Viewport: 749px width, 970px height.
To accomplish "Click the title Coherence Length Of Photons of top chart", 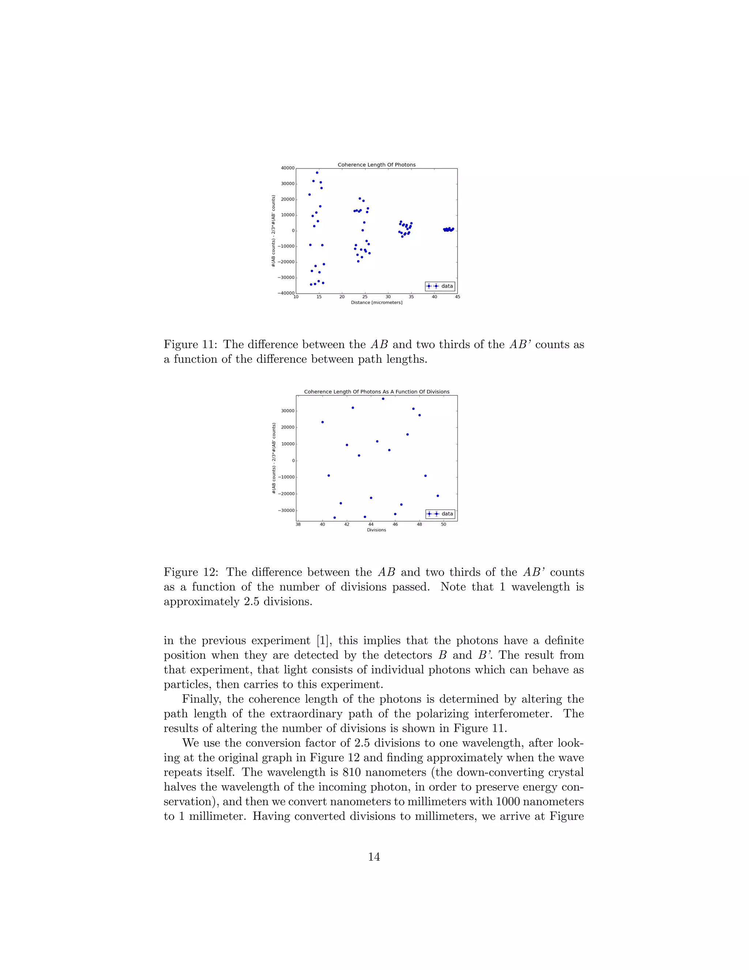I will (376, 165).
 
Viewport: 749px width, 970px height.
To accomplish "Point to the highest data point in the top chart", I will (317, 173).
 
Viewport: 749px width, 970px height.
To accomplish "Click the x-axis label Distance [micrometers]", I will (376, 302).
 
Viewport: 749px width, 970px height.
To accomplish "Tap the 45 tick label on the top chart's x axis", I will (458, 297).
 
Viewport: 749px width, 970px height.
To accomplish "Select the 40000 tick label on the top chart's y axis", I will (287, 168).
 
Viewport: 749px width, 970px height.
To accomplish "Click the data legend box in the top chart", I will (440, 286).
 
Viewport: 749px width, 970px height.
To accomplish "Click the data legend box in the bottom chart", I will (440, 514).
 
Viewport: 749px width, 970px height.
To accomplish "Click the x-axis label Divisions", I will (376, 530).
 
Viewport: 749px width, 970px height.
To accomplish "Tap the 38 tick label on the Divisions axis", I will (298, 524).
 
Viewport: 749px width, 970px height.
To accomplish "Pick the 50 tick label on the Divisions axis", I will (443, 524).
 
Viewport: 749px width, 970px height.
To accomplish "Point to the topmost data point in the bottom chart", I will (383, 399).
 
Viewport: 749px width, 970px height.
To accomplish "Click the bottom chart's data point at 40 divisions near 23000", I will (322, 422).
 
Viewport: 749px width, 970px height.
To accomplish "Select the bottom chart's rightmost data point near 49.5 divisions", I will (437, 496).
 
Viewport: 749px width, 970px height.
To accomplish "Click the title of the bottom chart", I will (376, 392).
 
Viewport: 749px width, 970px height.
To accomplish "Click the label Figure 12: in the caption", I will (192, 572).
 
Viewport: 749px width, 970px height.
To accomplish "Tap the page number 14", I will (374, 857).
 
